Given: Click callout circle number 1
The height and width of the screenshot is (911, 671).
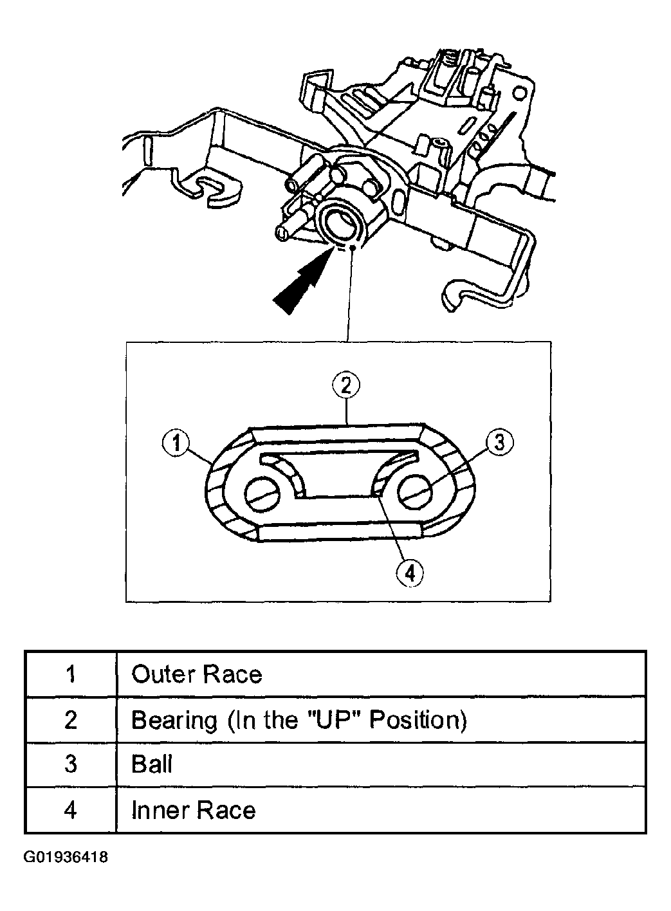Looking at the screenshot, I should click(x=175, y=443).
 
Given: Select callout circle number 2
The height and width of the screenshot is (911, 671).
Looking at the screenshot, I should click(x=346, y=386).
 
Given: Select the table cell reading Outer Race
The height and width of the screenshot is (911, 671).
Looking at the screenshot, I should click(x=197, y=674).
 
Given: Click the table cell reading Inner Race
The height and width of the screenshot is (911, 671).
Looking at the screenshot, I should click(x=193, y=809).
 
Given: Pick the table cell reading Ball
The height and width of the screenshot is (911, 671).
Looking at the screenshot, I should click(x=152, y=764).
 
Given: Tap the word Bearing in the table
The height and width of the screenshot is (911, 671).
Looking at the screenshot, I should click(x=174, y=720).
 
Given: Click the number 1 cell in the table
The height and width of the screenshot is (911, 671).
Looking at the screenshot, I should click(x=71, y=674).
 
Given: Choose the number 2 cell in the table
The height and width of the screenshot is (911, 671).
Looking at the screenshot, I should click(x=71, y=720).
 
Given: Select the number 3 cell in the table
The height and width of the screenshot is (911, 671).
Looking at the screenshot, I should click(x=71, y=764).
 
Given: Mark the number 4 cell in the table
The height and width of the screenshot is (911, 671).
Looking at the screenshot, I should click(x=71, y=809).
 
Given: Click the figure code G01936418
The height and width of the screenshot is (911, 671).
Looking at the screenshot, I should click(x=66, y=858).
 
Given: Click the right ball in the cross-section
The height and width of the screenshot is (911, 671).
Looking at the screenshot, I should click(x=414, y=493).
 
